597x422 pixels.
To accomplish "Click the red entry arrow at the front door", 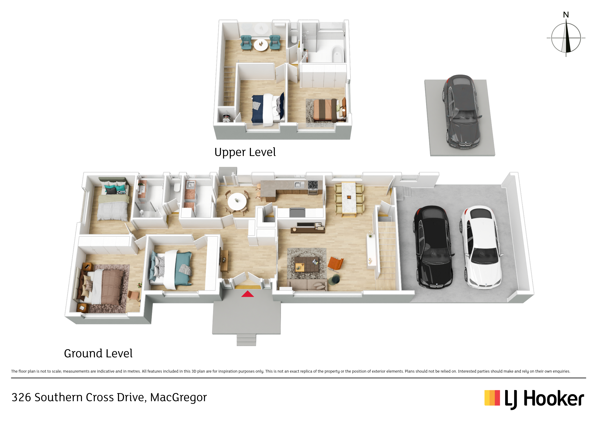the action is tap(247, 294).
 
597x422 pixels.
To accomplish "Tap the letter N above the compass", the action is tap(566, 15).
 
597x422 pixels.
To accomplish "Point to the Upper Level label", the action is tap(245, 152).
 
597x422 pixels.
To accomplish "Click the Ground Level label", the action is tap(98, 354).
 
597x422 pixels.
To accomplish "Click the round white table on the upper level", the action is tap(261, 45).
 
